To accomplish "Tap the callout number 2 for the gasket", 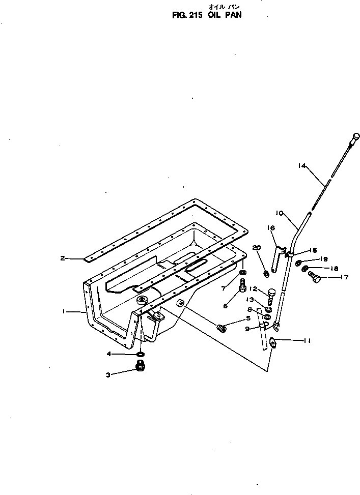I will click(63, 258).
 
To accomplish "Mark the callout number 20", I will click(256, 247).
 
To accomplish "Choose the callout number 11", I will click(307, 341).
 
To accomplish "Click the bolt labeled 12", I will click(270, 293).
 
